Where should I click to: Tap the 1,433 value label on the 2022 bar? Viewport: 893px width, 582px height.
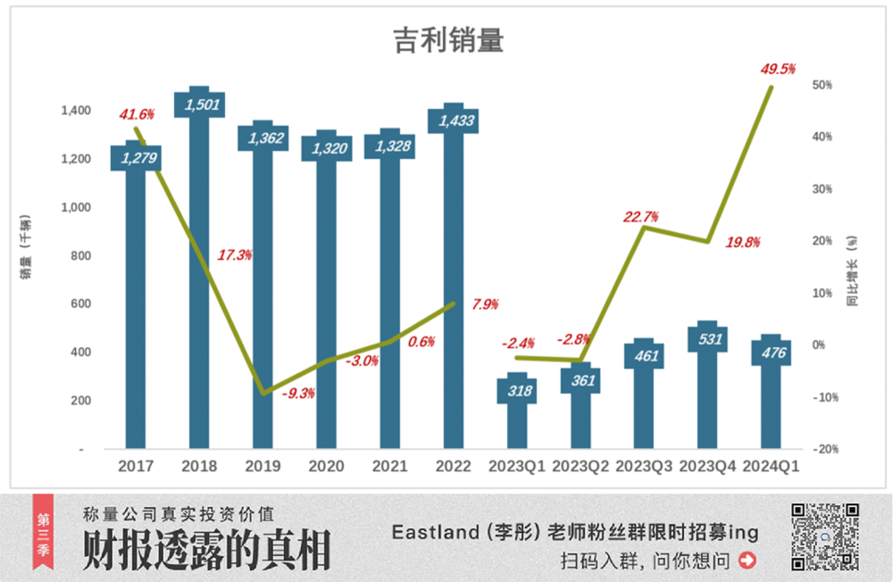pyautogui.click(x=453, y=120)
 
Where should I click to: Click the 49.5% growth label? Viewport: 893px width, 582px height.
pyautogui.click(x=777, y=69)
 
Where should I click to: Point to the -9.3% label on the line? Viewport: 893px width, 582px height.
pyautogui.click(x=297, y=392)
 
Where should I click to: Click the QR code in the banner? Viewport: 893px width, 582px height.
pyautogui.click(x=825, y=536)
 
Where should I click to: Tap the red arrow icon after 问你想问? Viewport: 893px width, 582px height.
pyautogui.click(x=748, y=561)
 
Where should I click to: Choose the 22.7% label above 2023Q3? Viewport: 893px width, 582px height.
pyautogui.click(x=642, y=216)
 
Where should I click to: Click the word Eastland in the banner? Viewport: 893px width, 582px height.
pyautogui.click(x=432, y=533)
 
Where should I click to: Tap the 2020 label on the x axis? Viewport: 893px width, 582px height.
pyautogui.click(x=326, y=466)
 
